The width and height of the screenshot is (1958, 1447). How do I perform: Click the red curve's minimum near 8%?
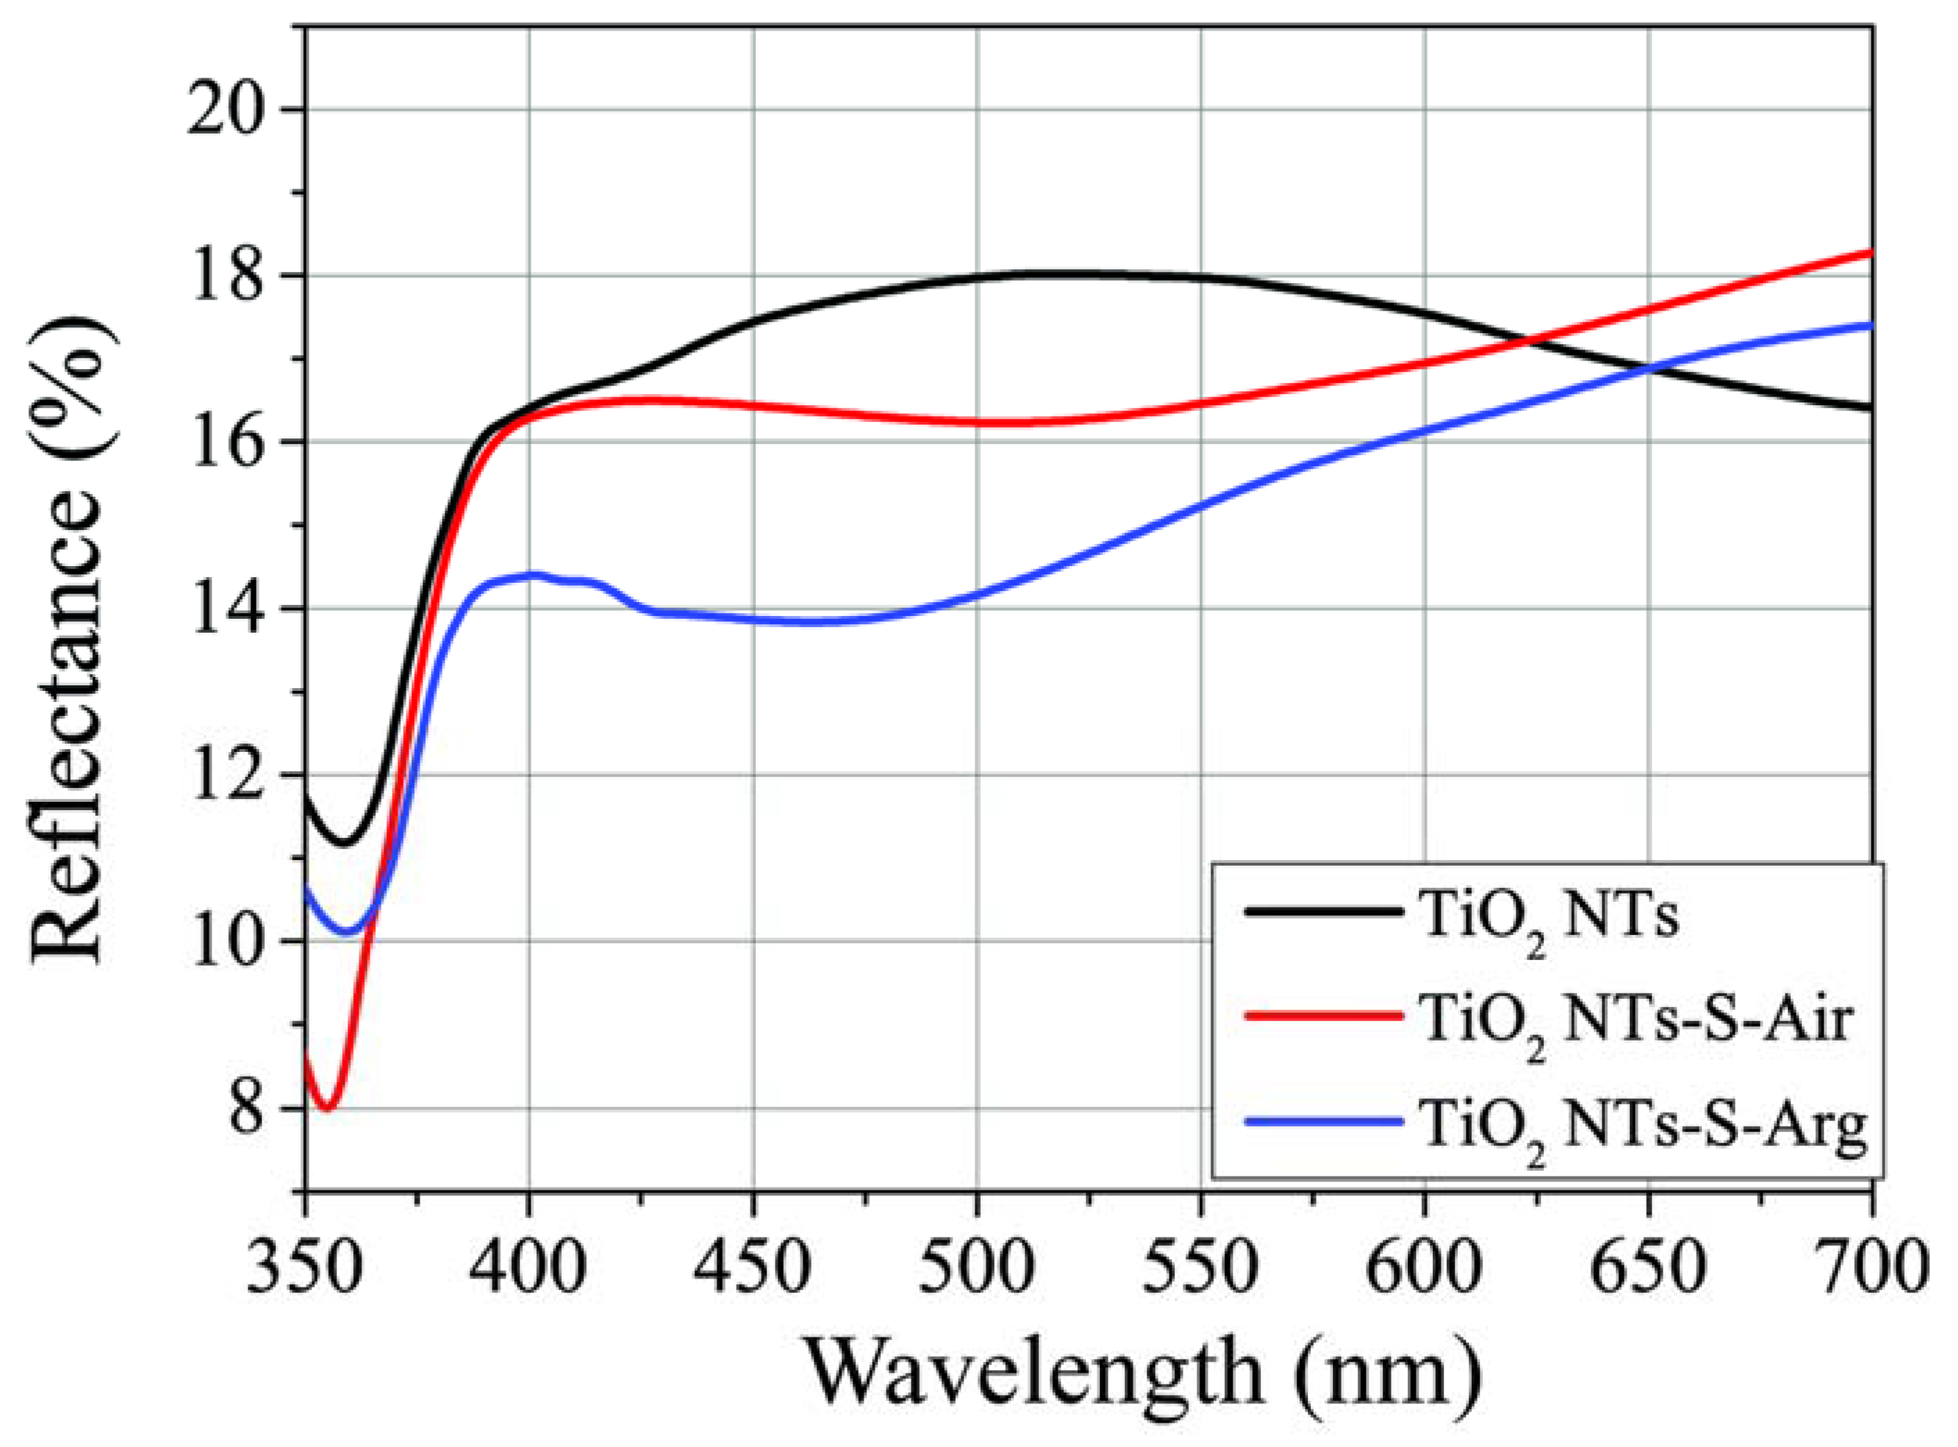tap(327, 1108)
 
